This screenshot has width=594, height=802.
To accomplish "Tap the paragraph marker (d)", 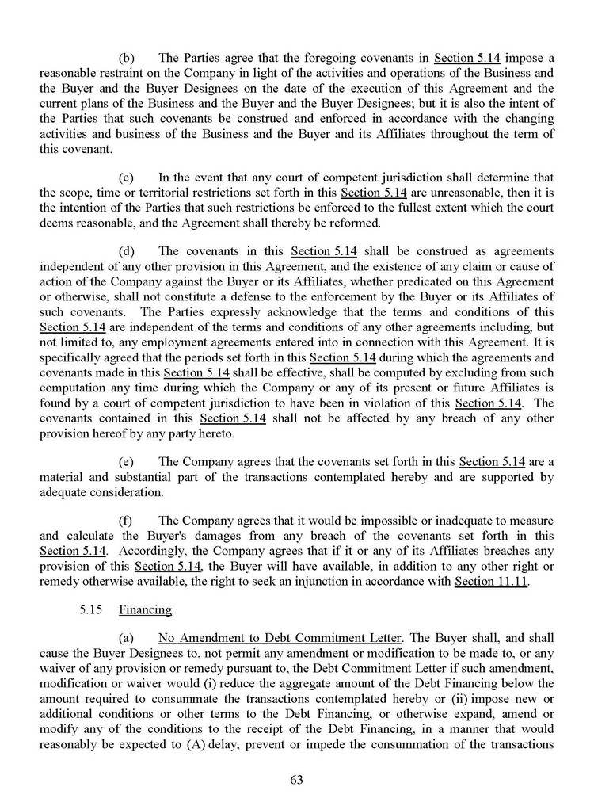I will click(127, 251).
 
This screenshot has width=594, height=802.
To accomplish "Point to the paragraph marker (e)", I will click(127, 461).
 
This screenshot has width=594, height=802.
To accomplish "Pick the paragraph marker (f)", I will click(127, 521).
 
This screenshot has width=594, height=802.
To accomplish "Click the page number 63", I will click(297, 779).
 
